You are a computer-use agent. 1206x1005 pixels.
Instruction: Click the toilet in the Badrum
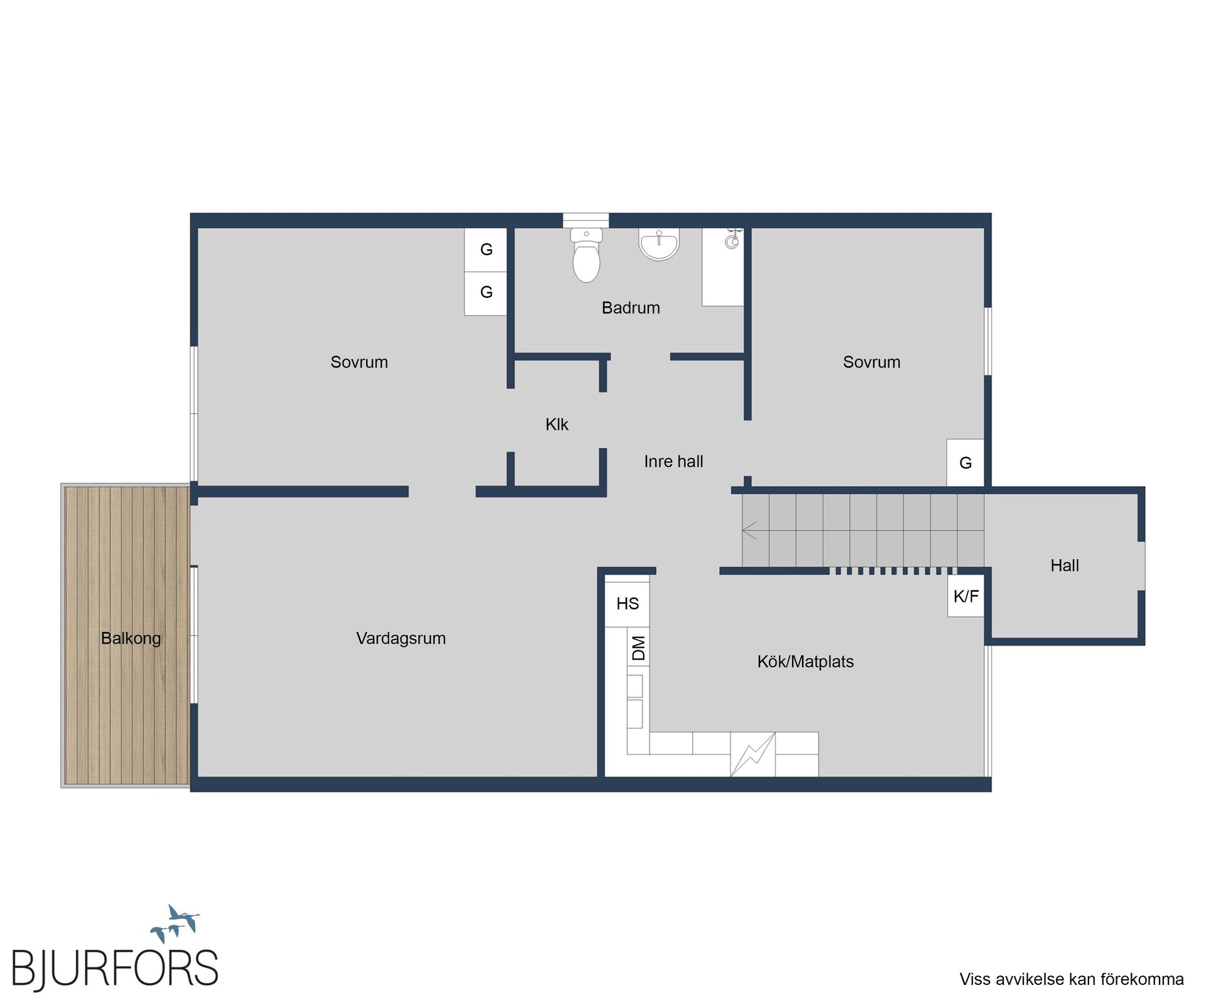(x=586, y=258)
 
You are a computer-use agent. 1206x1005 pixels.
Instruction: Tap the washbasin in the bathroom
(x=659, y=244)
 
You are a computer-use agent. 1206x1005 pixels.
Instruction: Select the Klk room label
(x=557, y=425)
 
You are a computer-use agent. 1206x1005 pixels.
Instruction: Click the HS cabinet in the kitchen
(x=627, y=604)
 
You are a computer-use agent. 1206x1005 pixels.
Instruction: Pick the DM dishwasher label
(x=638, y=648)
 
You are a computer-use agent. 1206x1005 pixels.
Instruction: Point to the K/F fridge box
(x=965, y=596)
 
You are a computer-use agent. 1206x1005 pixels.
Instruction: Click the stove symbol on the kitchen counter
(x=752, y=754)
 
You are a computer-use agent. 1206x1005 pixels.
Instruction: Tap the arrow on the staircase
(x=750, y=530)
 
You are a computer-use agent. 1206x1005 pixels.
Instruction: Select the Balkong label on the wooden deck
(x=131, y=638)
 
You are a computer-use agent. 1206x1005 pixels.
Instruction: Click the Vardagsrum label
(x=401, y=638)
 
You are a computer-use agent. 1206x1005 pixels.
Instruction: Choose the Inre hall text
(x=673, y=462)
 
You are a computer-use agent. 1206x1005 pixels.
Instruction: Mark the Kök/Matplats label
(x=805, y=661)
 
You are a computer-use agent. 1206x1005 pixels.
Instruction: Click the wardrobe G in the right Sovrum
(x=965, y=463)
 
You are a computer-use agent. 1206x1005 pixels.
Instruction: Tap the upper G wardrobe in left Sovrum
(x=486, y=249)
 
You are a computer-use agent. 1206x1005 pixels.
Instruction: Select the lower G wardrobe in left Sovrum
(x=486, y=292)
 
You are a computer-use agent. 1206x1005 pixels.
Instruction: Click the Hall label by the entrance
(x=1065, y=565)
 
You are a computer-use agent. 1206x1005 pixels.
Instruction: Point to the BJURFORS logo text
(x=116, y=968)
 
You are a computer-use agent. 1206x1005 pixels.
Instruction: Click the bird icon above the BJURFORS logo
(x=176, y=922)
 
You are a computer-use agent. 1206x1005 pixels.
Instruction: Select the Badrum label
(x=631, y=308)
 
